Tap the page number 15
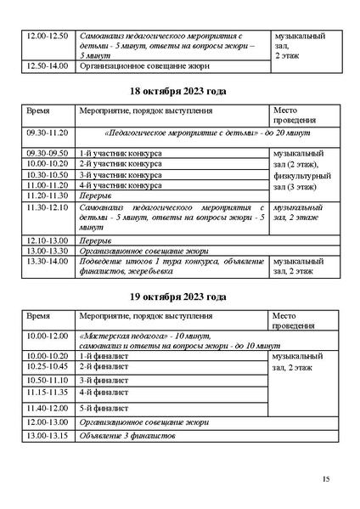[x=326, y=479]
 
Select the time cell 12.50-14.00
[x=47, y=65]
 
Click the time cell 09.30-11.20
[x=47, y=133]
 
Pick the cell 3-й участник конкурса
[x=120, y=174]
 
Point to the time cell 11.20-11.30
[x=47, y=195]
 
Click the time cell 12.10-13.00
[x=47, y=240]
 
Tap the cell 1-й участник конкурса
[x=120, y=153]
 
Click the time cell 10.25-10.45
[x=47, y=366]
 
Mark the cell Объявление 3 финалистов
[x=127, y=435]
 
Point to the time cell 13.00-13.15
[x=47, y=435]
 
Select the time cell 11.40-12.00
[x=47, y=408]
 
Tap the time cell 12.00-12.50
[x=47, y=37]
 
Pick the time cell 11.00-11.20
[x=47, y=184]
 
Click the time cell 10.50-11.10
[x=47, y=380]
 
